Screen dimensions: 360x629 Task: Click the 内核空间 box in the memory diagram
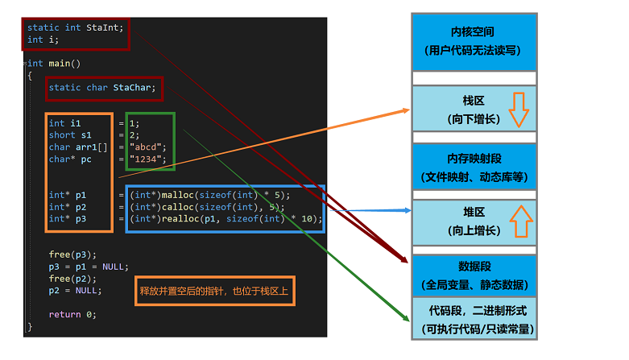click(x=473, y=41)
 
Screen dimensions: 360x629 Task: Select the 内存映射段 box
click(x=473, y=167)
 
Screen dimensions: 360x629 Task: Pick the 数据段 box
click(x=473, y=275)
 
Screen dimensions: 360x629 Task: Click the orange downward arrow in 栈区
click(x=518, y=109)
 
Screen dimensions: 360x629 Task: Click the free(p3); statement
click(x=70, y=255)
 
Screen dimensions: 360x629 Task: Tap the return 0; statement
click(x=72, y=315)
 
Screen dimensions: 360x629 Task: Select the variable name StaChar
click(x=134, y=88)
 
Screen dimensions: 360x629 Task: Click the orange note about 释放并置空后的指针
click(x=213, y=291)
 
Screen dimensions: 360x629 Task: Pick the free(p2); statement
click(x=70, y=279)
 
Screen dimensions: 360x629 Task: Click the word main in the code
click(x=59, y=64)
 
